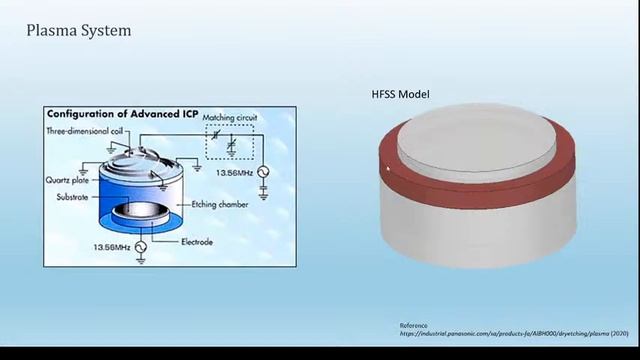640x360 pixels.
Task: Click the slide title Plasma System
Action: click(x=78, y=31)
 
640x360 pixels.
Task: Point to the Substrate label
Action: click(x=72, y=197)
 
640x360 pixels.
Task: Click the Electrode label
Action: click(x=196, y=242)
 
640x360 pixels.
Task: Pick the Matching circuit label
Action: click(x=230, y=118)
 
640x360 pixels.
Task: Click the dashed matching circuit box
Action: click(x=230, y=142)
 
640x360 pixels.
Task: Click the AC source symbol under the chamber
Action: click(x=140, y=245)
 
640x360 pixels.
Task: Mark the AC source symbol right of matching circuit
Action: click(x=264, y=172)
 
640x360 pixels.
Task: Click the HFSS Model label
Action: click(x=400, y=94)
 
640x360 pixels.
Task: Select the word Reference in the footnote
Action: click(x=413, y=325)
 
